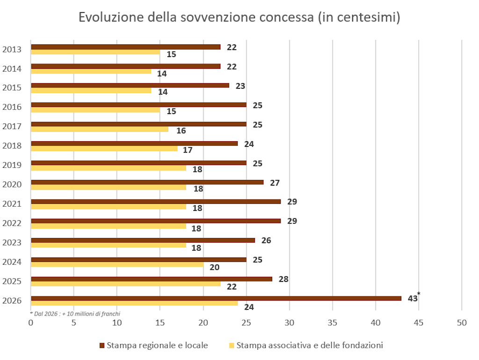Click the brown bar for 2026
215,298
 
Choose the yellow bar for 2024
117,264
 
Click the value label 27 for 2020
275,183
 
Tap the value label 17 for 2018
188,150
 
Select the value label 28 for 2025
283,280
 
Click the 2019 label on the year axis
11,165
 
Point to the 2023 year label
11,242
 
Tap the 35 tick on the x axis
333,323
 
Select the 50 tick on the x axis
462,323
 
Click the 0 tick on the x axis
31,323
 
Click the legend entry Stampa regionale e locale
157,346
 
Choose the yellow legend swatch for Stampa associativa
232,346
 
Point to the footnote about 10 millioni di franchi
75,314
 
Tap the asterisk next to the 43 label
419,294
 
